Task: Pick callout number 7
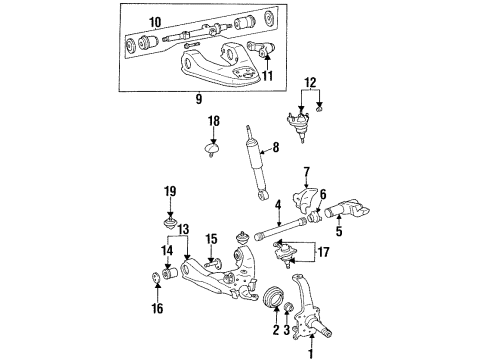pos(307,171)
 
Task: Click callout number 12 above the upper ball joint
pos(310,84)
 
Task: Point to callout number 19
pos(170,189)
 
